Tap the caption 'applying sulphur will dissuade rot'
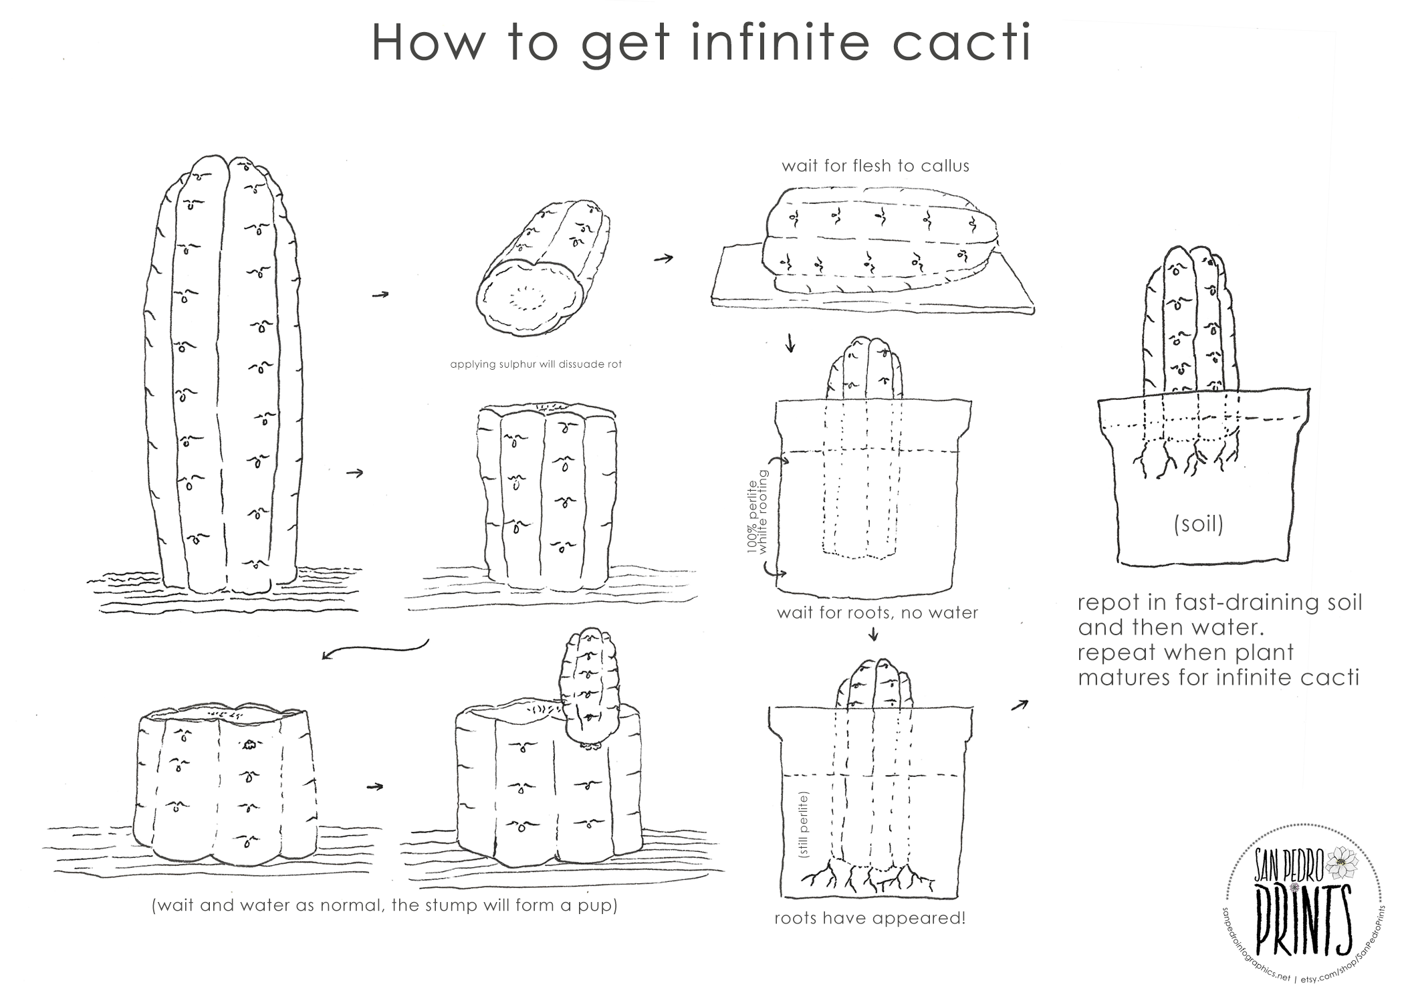click(536, 364)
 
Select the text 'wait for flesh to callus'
click(875, 166)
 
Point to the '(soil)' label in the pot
click(1199, 524)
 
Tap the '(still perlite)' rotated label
click(804, 824)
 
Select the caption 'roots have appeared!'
click(870, 918)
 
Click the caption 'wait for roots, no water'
click(877, 612)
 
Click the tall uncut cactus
click(221, 374)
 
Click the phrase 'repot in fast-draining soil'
click(1219, 602)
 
